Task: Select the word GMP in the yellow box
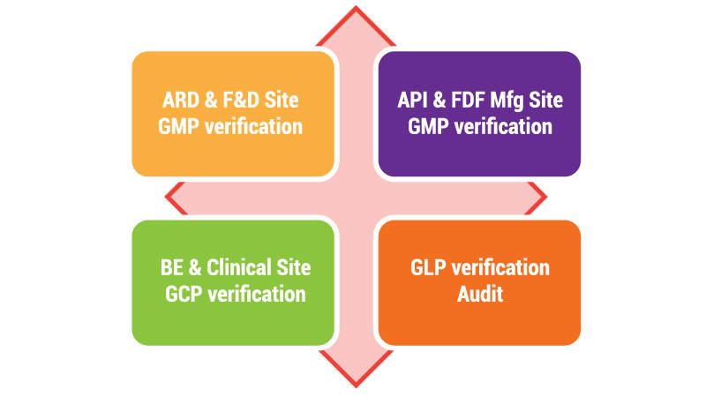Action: click(180, 126)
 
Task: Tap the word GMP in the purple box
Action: click(429, 126)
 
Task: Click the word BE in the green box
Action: click(174, 268)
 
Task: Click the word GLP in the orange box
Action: click(431, 268)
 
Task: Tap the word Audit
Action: click(480, 294)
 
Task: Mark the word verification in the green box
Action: click(257, 294)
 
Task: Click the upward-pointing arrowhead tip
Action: click(356, 10)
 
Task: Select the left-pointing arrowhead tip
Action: click(166, 197)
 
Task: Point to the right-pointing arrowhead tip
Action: click(545, 197)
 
